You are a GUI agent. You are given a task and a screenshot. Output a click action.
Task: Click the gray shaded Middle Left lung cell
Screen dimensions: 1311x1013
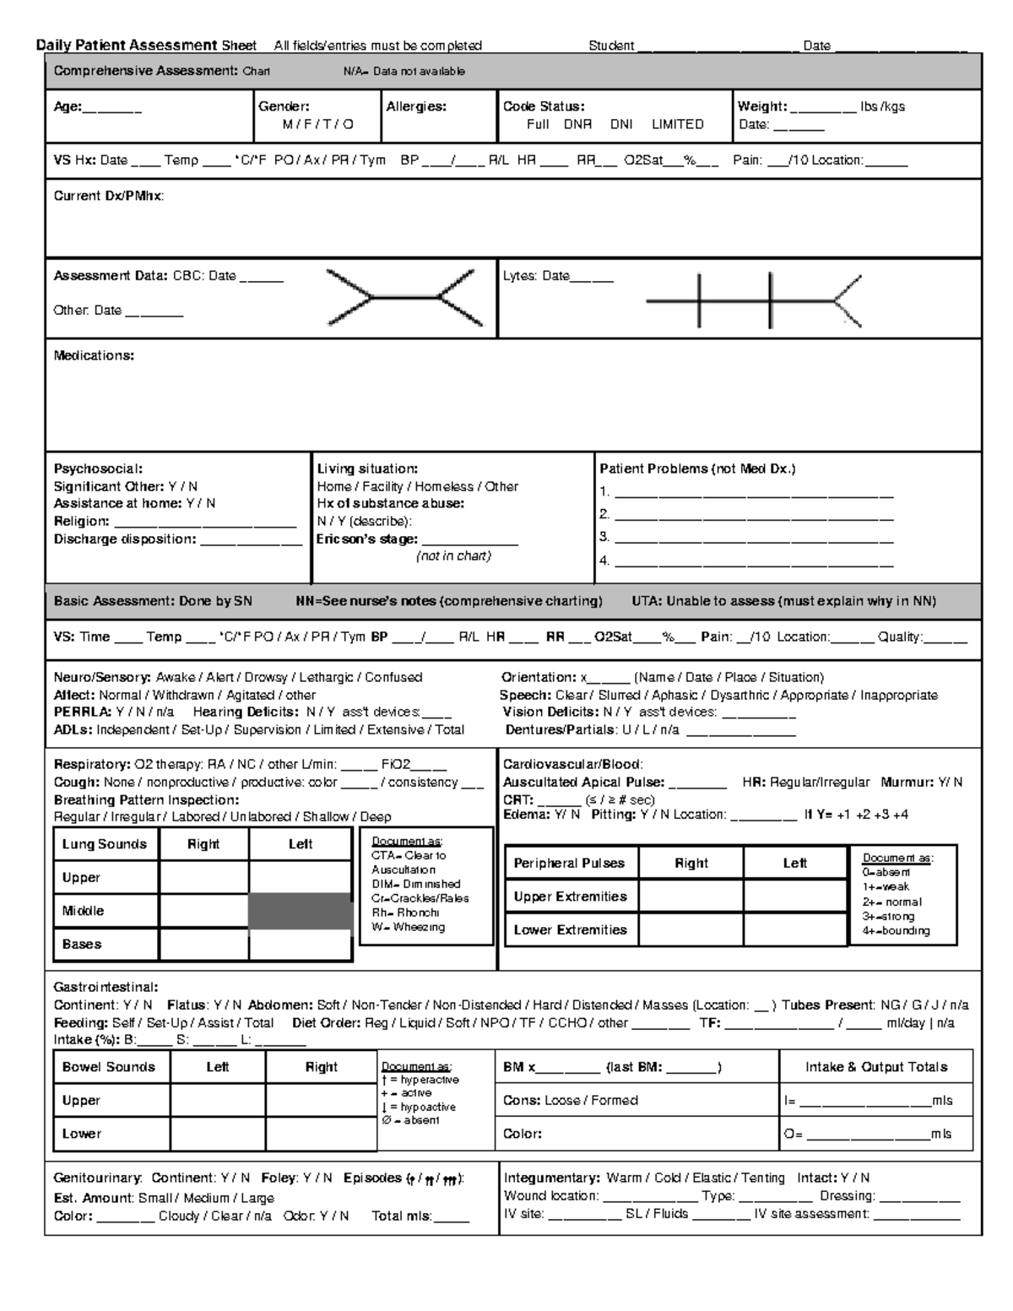tap(301, 911)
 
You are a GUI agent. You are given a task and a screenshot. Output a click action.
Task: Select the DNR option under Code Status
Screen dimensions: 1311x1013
tap(577, 124)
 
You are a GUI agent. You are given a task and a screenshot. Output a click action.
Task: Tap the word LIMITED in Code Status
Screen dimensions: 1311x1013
tap(677, 124)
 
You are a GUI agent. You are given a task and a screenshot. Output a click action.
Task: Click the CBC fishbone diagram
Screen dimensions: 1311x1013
tap(404, 297)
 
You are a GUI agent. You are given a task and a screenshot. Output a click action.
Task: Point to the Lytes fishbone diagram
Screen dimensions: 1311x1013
tap(753, 300)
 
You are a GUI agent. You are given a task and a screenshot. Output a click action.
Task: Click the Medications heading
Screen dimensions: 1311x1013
tap(94, 355)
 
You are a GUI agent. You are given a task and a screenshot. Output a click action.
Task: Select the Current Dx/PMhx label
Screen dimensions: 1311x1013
tap(109, 196)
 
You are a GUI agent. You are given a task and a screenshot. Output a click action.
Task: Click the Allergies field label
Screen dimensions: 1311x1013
tap(416, 106)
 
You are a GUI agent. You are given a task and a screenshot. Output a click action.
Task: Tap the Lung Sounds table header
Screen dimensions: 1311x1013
tap(105, 844)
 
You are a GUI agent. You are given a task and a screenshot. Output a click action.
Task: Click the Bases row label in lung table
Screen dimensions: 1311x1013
tap(82, 944)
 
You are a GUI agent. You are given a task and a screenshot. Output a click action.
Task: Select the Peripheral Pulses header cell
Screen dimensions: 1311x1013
tap(569, 863)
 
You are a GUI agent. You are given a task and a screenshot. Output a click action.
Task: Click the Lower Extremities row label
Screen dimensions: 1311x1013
tap(570, 929)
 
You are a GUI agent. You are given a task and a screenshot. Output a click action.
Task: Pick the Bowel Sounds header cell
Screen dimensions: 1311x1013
tap(109, 1067)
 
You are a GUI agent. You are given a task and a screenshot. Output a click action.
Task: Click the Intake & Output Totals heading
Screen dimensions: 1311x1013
tap(876, 1067)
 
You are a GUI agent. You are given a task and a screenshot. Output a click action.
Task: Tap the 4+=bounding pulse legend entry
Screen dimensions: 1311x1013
tap(896, 930)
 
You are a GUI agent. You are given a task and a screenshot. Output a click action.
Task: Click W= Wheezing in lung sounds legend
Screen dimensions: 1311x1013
tap(408, 927)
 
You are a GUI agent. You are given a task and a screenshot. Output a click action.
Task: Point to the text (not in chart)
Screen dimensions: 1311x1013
tap(453, 556)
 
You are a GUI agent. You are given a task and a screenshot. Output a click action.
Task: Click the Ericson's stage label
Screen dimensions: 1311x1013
tap(367, 539)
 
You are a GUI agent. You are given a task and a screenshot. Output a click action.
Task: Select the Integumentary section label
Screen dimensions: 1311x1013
tap(551, 1178)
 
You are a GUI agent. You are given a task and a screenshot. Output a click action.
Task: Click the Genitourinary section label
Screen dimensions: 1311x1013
tap(98, 1178)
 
